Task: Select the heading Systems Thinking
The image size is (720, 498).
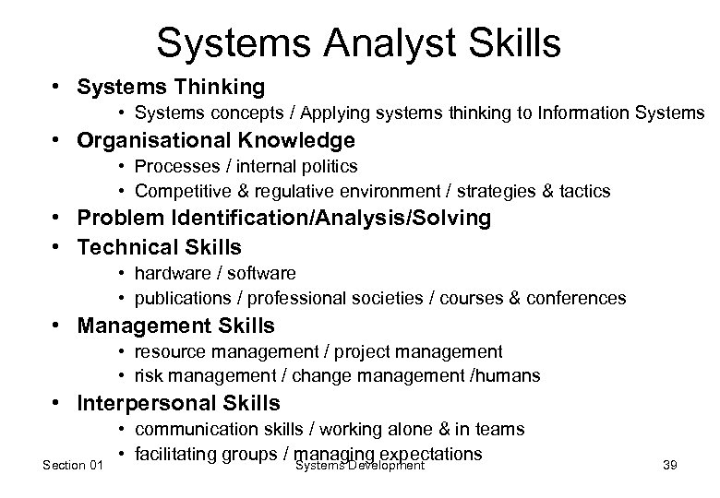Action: pyautogui.click(x=172, y=87)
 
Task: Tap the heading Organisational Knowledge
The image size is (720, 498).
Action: pyautogui.click(x=216, y=140)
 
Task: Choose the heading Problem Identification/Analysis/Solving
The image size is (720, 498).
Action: pyautogui.click(x=284, y=219)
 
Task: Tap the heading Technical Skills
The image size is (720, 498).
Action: pyautogui.click(x=160, y=246)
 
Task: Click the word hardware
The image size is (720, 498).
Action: pyautogui.click(x=172, y=273)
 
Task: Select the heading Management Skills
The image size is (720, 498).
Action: pyautogui.click(x=176, y=326)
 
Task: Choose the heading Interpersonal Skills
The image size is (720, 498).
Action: pyautogui.click(x=179, y=403)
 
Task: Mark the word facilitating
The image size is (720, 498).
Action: pyautogui.click(x=177, y=454)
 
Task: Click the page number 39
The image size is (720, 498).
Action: pyautogui.click(x=669, y=466)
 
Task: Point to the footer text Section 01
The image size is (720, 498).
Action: pyautogui.click(x=73, y=466)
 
